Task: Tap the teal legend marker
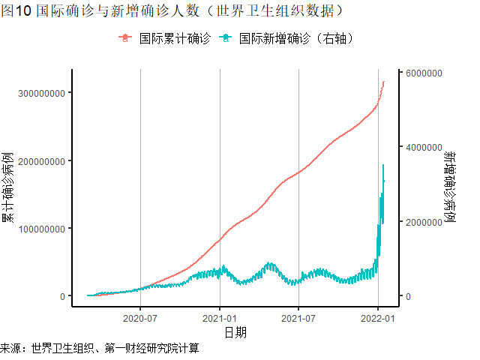(225, 38)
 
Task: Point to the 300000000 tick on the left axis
(40, 93)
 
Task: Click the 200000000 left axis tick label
(40, 160)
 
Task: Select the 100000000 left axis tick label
(40, 229)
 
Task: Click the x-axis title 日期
(235, 331)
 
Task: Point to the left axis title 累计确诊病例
(8, 187)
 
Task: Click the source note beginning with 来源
(100, 349)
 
